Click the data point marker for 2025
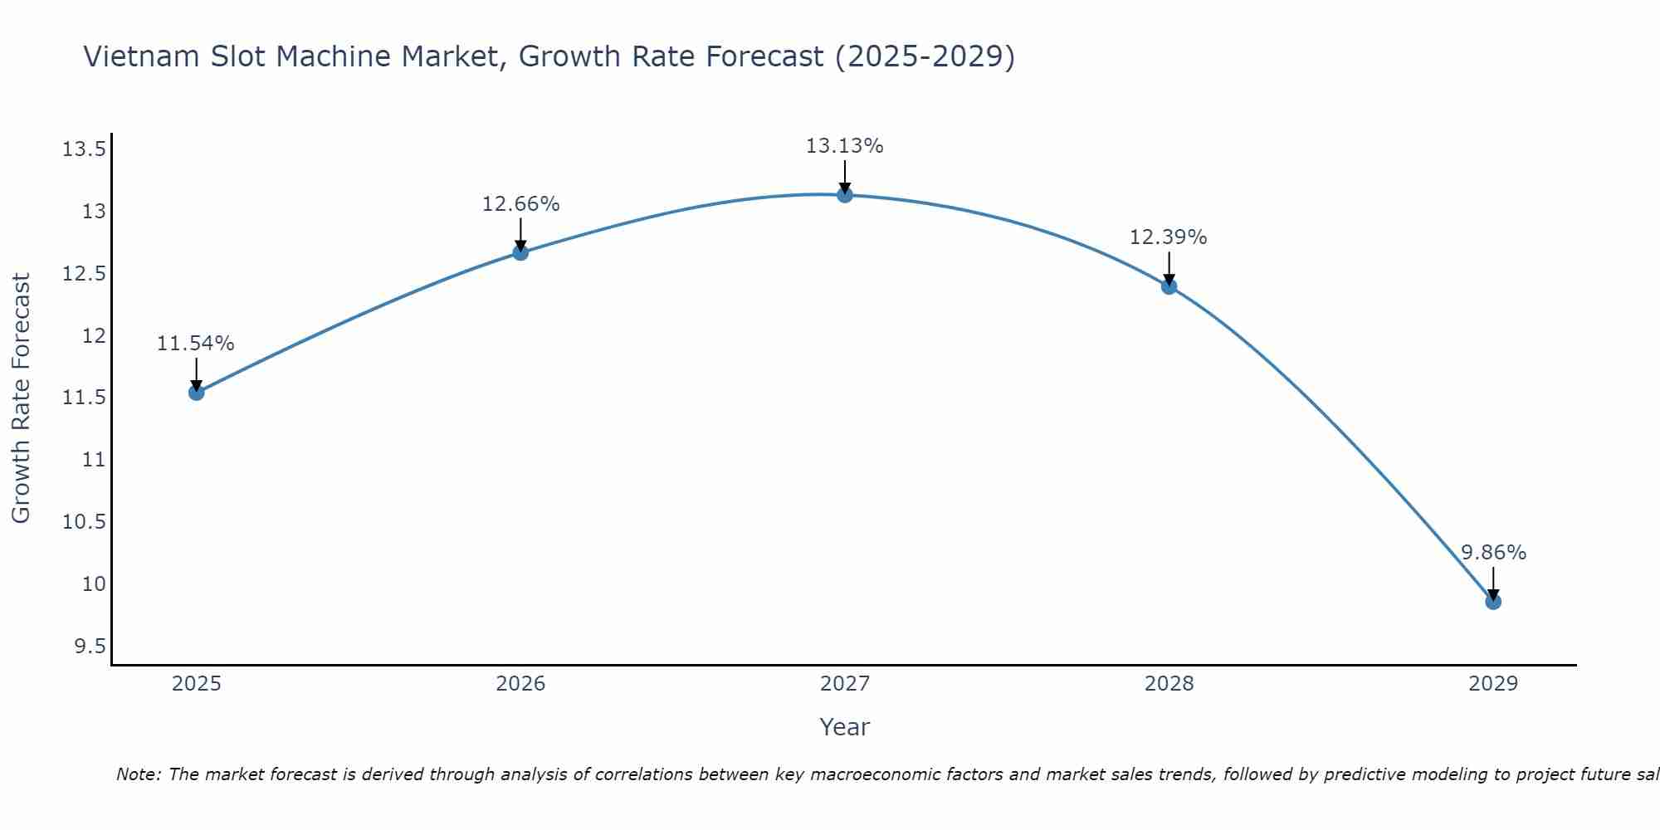pos(197,393)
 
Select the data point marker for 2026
pos(520,252)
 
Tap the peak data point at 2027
pos(845,195)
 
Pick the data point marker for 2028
pos(1169,286)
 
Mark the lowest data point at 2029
pos(1493,602)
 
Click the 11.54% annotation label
pos(196,344)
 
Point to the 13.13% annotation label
pos(845,146)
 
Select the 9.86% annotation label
pos(1493,553)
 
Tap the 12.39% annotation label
pos(1169,237)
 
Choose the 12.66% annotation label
pos(520,204)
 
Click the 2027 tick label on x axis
pos(845,684)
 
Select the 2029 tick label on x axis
pos(1493,684)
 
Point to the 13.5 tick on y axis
pos(84,149)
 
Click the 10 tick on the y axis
pos(94,583)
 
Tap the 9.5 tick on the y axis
pos(90,646)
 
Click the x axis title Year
pos(845,727)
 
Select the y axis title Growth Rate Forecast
pos(21,398)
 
